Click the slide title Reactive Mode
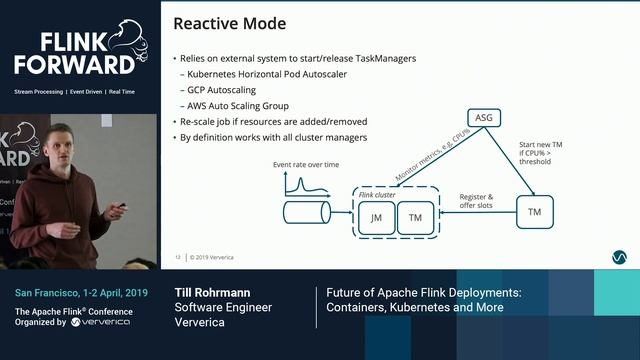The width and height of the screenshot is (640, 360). [x=230, y=23]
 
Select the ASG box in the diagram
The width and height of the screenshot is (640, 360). [x=484, y=118]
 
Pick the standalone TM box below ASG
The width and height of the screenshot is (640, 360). [x=534, y=211]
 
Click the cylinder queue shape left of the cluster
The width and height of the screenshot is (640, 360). [x=307, y=212]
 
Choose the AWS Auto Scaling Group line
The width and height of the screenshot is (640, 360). [x=237, y=105]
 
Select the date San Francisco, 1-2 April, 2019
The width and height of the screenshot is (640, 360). [x=81, y=293]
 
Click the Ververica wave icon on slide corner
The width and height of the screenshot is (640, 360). [x=619, y=257]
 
